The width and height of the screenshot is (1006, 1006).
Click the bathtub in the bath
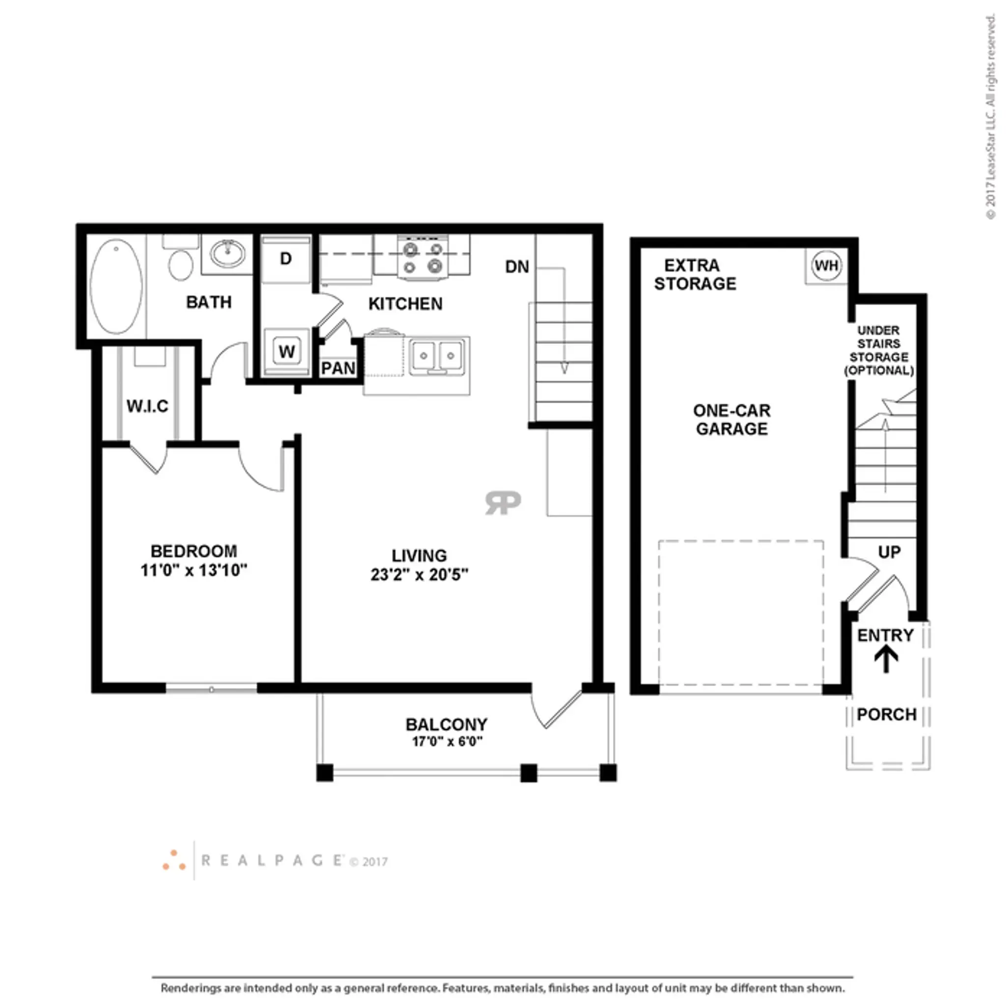click(x=115, y=286)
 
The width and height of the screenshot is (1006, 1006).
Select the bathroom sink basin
click(x=227, y=253)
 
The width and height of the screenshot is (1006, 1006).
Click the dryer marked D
click(x=286, y=259)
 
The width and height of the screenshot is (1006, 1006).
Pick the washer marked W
click(x=286, y=352)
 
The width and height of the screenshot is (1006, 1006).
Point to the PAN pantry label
click(x=338, y=368)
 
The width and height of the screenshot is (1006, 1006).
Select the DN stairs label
click(x=517, y=267)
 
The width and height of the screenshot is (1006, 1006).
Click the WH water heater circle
click(x=826, y=266)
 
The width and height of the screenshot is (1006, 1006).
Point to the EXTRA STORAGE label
click(x=695, y=275)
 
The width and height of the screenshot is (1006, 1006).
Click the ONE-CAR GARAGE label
click(x=731, y=419)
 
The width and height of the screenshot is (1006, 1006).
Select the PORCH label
click(x=887, y=714)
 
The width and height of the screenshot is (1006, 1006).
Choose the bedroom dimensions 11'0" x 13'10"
click(x=194, y=570)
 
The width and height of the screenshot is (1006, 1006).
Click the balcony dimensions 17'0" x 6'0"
click(x=447, y=741)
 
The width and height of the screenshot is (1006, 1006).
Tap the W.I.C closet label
click(x=147, y=406)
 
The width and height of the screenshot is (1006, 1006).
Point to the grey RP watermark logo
click(x=503, y=503)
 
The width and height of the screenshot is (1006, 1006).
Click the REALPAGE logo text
click(x=272, y=861)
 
